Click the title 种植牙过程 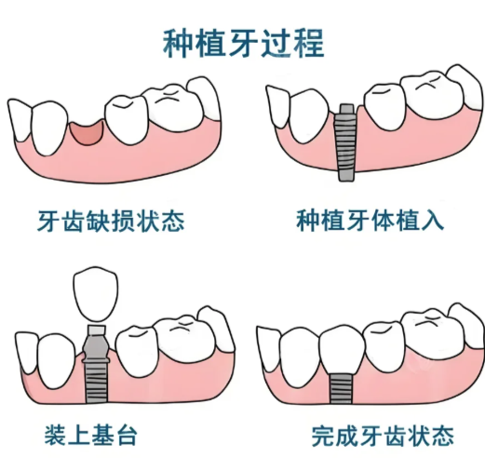[243, 43]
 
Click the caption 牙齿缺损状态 [111, 221]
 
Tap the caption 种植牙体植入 [370, 220]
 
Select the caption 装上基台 [90, 436]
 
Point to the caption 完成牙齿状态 [383, 436]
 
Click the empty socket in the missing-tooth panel [86, 132]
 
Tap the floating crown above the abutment [96, 293]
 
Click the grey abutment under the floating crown [96, 344]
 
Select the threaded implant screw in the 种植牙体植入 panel [345, 147]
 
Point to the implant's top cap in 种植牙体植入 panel [346, 109]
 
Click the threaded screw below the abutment [96, 383]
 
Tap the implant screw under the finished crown [341, 388]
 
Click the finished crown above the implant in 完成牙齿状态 [342, 350]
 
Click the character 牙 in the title [244, 43]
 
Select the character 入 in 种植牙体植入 [433, 221]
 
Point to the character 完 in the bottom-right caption [323, 437]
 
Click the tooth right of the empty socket [127, 119]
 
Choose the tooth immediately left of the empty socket [50, 128]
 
